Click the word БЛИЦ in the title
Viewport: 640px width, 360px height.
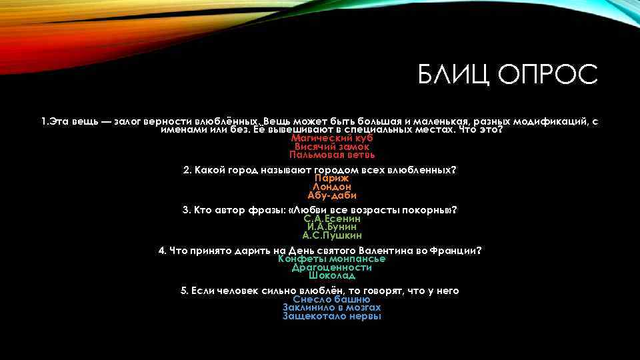(x=451, y=75)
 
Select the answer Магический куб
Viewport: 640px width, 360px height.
(x=331, y=138)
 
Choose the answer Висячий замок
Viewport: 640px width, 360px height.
(x=331, y=146)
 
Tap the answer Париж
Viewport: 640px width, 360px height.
(x=331, y=179)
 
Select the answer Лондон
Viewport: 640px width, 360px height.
(x=331, y=187)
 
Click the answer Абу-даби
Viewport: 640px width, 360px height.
(x=331, y=195)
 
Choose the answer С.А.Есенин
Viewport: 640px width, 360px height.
(x=331, y=219)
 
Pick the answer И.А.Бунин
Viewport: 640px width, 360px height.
(x=331, y=227)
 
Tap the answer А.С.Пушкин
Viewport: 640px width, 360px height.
(x=331, y=235)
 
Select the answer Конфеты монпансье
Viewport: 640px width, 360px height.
(x=331, y=259)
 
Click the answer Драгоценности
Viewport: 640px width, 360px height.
(x=331, y=267)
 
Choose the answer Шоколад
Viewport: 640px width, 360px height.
(x=331, y=275)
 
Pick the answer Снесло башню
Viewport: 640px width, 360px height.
(x=331, y=299)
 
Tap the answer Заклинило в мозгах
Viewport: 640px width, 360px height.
(x=331, y=307)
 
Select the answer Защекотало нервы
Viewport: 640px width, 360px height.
(x=331, y=316)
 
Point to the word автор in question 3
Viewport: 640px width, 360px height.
(x=237, y=210)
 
